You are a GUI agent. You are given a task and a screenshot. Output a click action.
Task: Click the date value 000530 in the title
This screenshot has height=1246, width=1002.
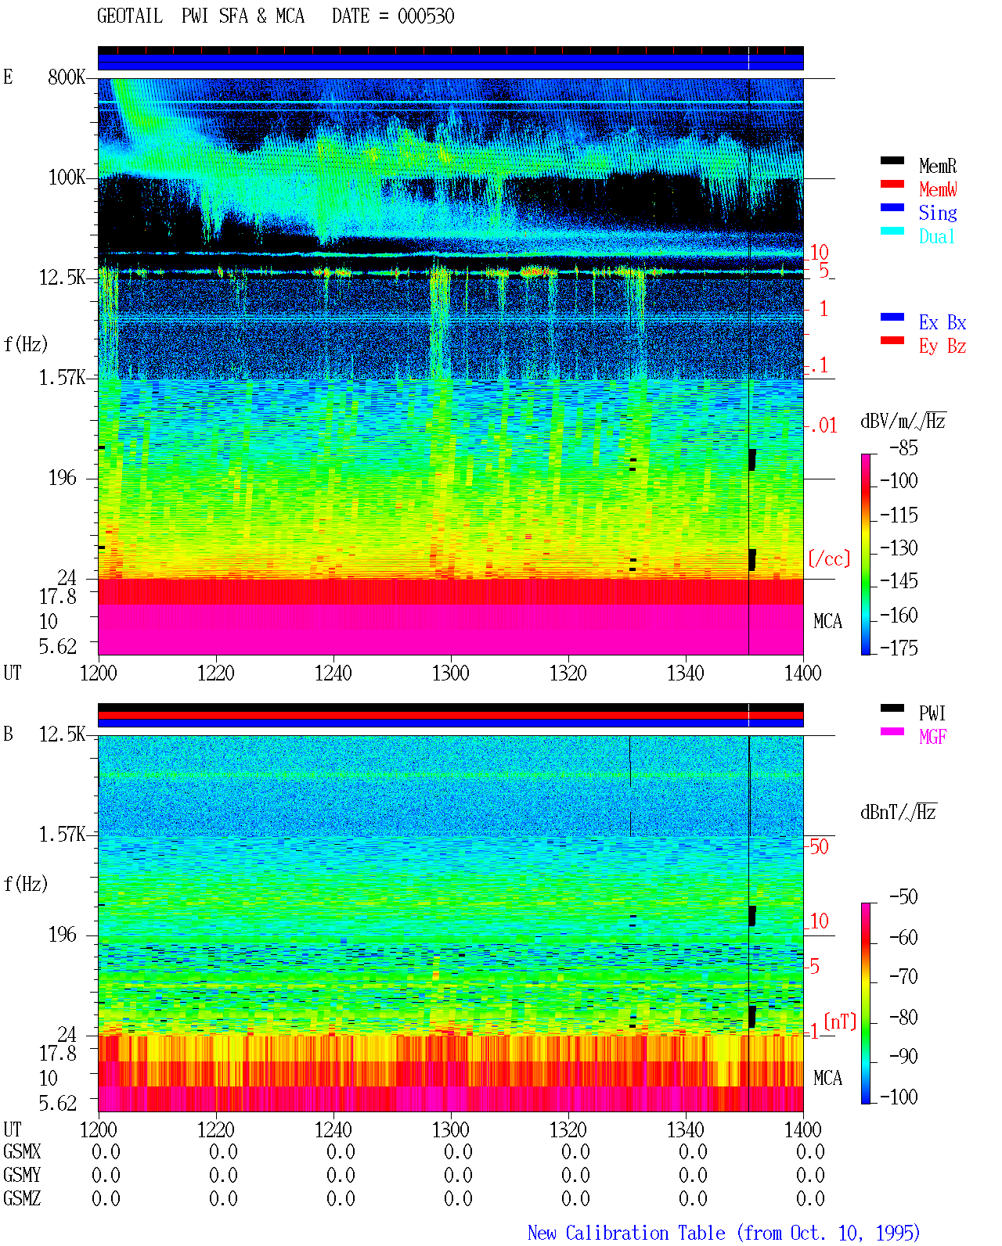425,16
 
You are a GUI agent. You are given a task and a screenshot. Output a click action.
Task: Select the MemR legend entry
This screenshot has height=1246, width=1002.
937,166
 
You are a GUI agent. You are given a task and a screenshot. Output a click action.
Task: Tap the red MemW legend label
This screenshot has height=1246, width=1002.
937,189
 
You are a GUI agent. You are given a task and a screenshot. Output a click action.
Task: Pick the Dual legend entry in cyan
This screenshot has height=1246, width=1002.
936,236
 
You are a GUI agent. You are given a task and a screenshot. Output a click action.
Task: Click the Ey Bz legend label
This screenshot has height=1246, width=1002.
942,346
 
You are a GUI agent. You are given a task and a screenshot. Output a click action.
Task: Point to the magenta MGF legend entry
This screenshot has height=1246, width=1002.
932,737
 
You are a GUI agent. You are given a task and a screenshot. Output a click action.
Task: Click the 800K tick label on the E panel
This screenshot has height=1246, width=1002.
67,77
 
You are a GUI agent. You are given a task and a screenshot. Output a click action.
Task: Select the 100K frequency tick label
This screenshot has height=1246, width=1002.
67,178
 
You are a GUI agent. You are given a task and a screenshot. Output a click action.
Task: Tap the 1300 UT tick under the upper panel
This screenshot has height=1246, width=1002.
450,673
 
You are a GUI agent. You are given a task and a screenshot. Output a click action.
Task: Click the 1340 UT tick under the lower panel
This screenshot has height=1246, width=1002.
686,1129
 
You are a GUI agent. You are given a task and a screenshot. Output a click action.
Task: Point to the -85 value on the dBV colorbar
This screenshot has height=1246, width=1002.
903,447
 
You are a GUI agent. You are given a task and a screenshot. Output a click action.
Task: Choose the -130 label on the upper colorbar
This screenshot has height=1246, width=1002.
899,548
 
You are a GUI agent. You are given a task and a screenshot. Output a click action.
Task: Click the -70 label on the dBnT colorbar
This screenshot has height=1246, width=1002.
903,976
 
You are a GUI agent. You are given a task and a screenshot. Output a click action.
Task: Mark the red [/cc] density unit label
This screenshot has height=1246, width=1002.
829,558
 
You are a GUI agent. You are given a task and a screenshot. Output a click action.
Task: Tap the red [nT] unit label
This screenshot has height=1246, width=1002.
840,1022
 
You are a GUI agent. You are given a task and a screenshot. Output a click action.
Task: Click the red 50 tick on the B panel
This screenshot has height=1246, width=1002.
819,846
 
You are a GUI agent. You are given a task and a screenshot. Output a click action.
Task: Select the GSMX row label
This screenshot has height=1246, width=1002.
22,1151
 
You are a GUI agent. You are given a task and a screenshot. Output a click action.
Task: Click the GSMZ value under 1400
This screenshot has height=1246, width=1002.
810,1198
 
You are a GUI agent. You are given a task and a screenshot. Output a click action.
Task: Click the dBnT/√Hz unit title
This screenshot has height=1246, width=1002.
898,813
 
